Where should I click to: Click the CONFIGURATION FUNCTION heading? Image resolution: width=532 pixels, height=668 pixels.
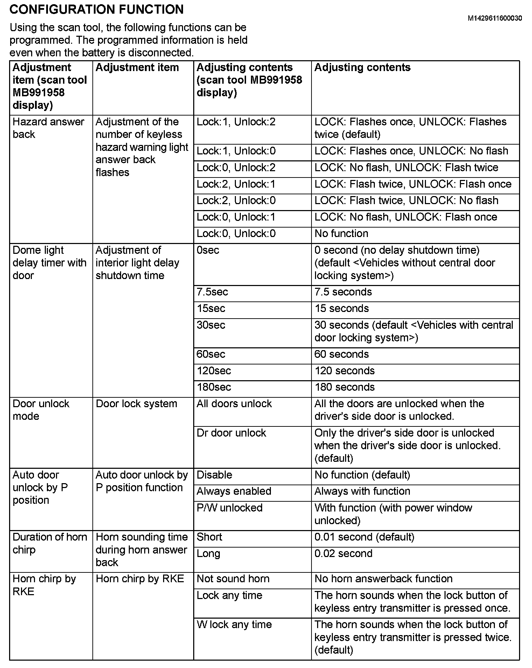click(96, 9)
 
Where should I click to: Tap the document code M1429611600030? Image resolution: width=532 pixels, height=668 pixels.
click(495, 18)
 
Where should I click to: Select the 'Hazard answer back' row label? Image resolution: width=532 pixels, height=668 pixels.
click(48, 128)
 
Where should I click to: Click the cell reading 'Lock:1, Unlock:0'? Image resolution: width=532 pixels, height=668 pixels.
click(236, 151)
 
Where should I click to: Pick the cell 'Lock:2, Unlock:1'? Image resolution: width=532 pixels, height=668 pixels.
click(236, 184)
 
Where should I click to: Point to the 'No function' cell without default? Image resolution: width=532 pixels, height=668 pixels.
click(341, 234)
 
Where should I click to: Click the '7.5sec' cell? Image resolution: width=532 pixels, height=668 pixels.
click(212, 292)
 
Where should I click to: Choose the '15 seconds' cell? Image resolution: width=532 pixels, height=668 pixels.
click(342, 308)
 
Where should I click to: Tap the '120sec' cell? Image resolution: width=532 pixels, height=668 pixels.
click(213, 371)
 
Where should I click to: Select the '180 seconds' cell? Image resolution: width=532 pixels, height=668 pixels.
click(344, 387)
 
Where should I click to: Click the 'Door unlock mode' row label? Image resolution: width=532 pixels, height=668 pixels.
click(41, 410)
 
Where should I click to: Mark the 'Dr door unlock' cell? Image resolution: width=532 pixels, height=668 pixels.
click(231, 433)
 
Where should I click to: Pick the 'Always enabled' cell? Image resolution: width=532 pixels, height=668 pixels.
click(234, 491)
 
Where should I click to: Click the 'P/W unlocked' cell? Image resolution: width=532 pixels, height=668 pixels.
click(229, 508)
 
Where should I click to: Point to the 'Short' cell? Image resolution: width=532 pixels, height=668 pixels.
click(209, 537)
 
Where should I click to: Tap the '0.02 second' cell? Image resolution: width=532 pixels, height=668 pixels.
click(343, 554)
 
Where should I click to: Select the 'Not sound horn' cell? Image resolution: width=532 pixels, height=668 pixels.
click(233, 579)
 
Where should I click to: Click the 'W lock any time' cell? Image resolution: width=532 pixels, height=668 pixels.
click(234, 625)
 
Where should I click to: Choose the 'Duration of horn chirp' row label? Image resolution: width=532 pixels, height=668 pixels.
click(50, 543)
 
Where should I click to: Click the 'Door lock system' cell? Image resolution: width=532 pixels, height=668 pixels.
click(136, 404)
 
